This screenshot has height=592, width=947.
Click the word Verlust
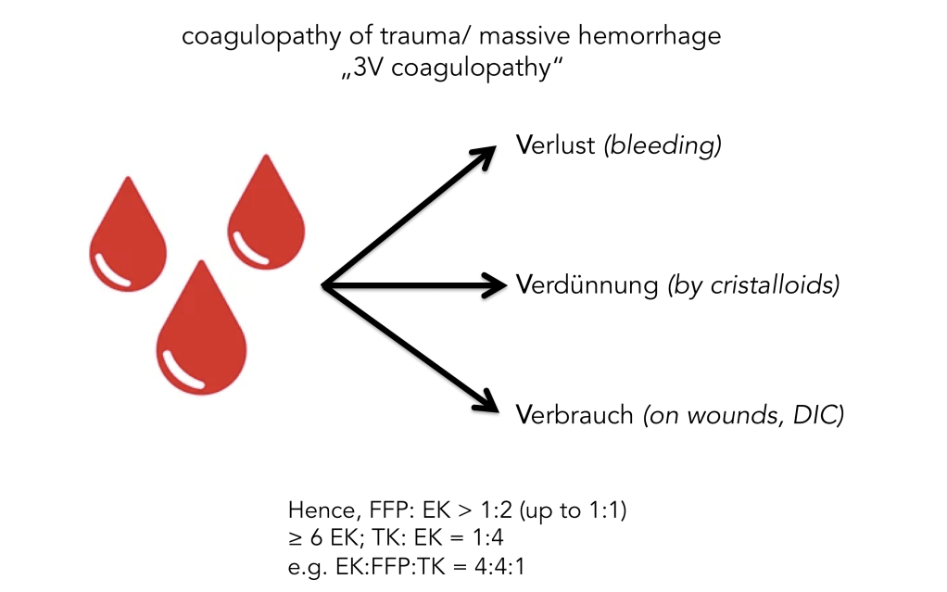(555, 146)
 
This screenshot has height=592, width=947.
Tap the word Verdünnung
(587, 285)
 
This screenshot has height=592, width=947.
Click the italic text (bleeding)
(662, 146)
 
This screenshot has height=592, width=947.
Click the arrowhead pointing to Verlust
(497, 154)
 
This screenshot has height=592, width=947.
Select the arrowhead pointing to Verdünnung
(496, 285)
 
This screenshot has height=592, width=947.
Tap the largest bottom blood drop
(201, 331)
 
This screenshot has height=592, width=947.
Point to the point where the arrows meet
(321, 285)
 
